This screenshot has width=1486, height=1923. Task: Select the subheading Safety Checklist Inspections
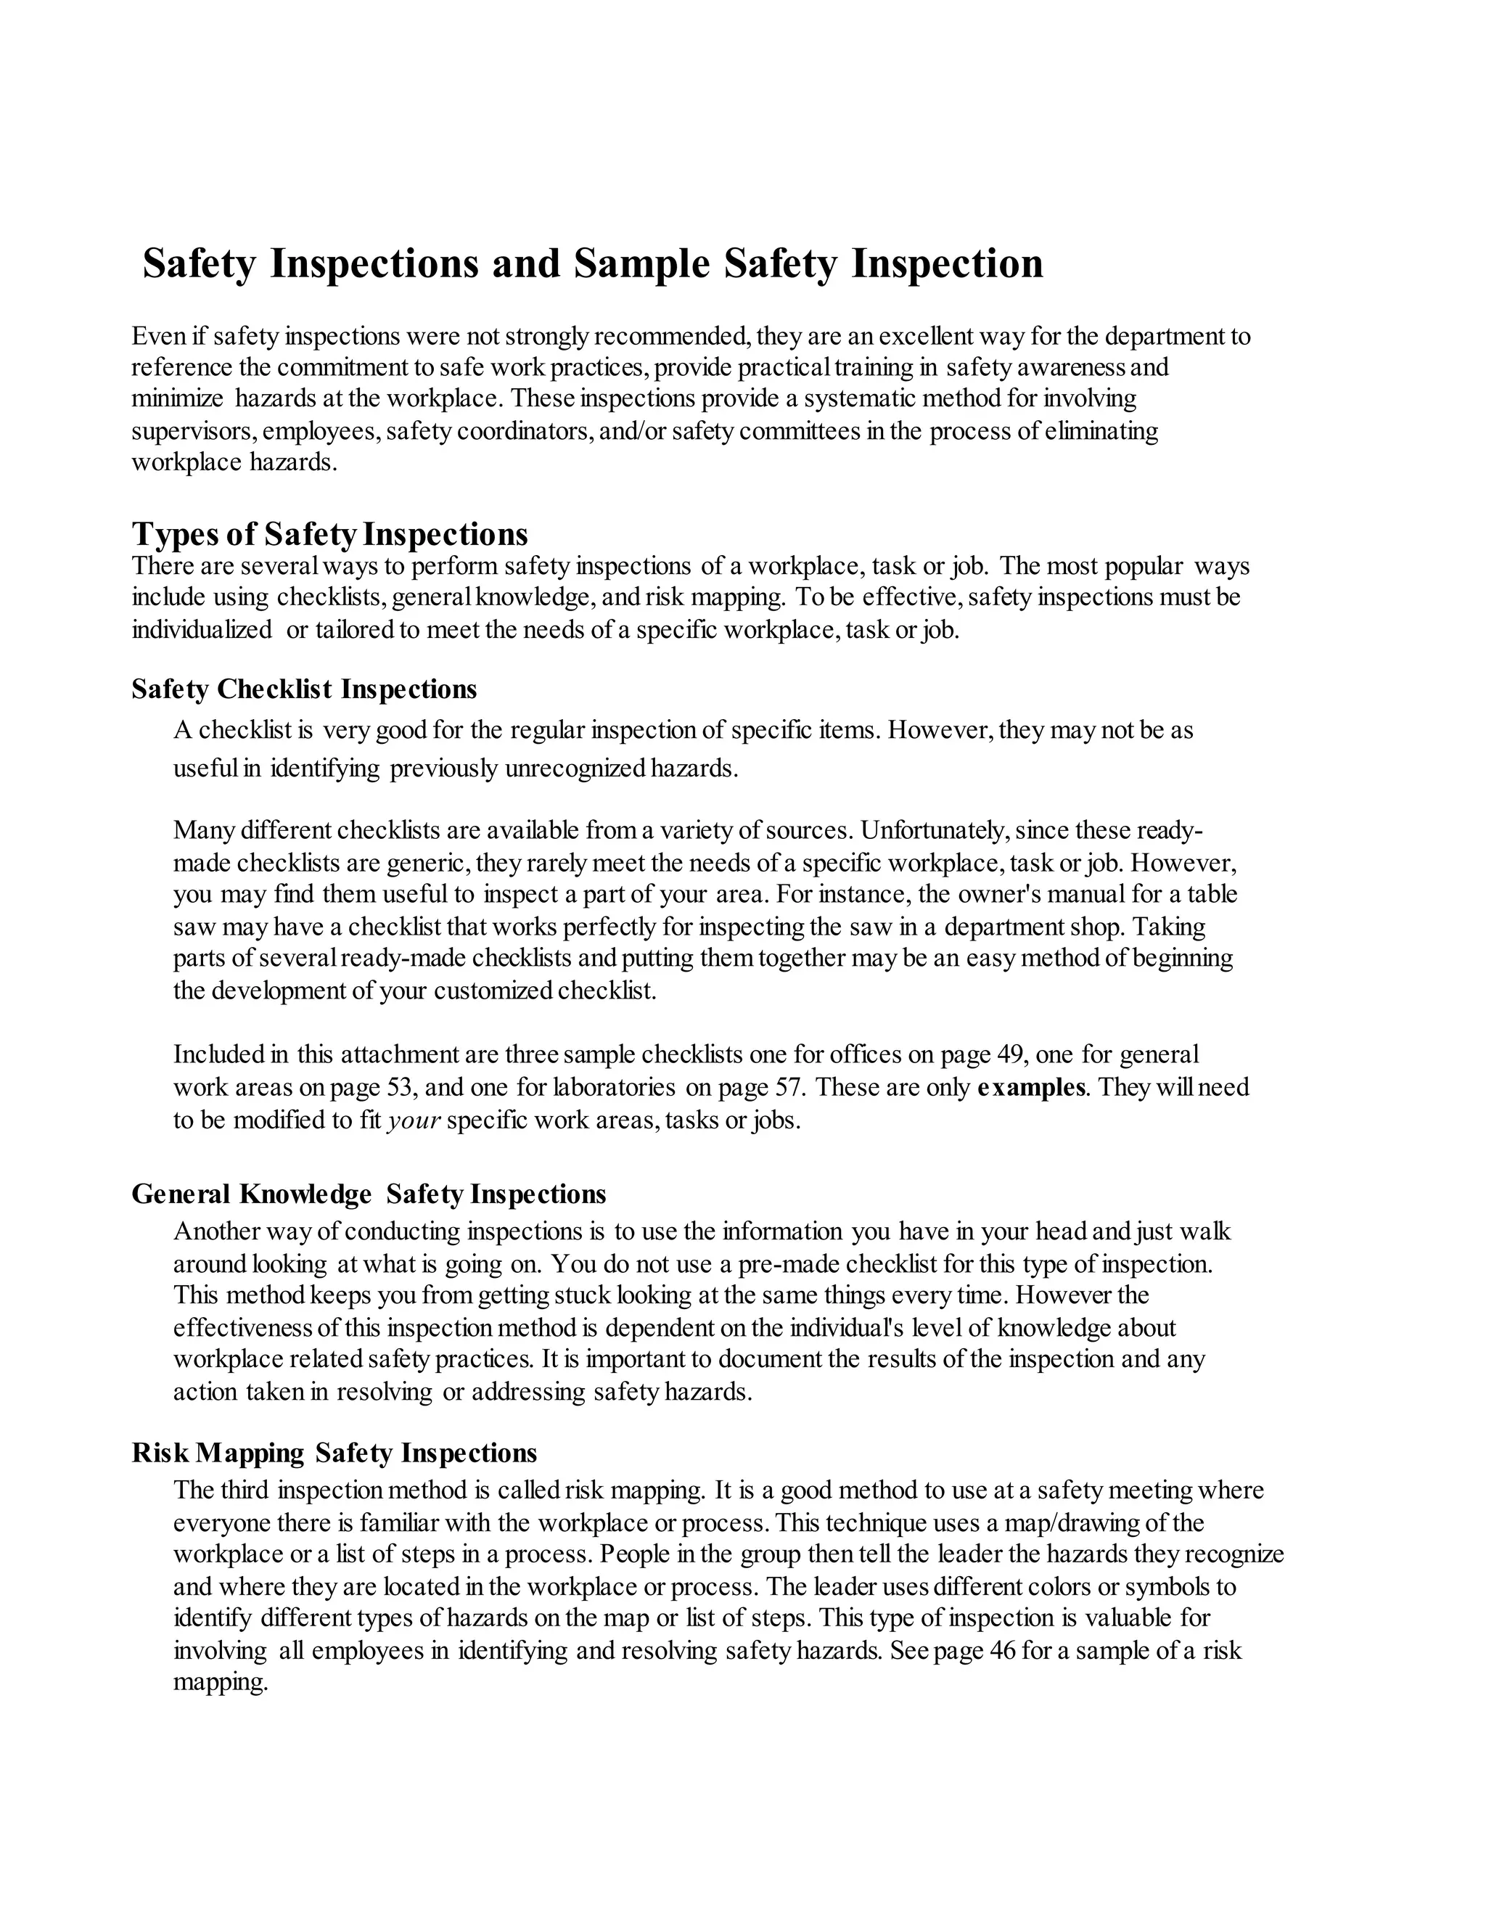[x=304, y=689]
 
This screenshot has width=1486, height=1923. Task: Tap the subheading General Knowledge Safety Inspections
[x=368, y=1194]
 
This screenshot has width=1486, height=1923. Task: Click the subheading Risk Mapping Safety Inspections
[x=334, y=1453]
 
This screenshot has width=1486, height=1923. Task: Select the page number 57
[x=788, y=1088]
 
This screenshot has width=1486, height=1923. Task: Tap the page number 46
[x=1003, y=1650]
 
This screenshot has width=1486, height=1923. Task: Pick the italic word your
[x=414, y=1121]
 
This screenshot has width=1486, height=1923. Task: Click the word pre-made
[x=789, y=1264]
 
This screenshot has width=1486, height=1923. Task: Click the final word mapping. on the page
[x=220, y=1683]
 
